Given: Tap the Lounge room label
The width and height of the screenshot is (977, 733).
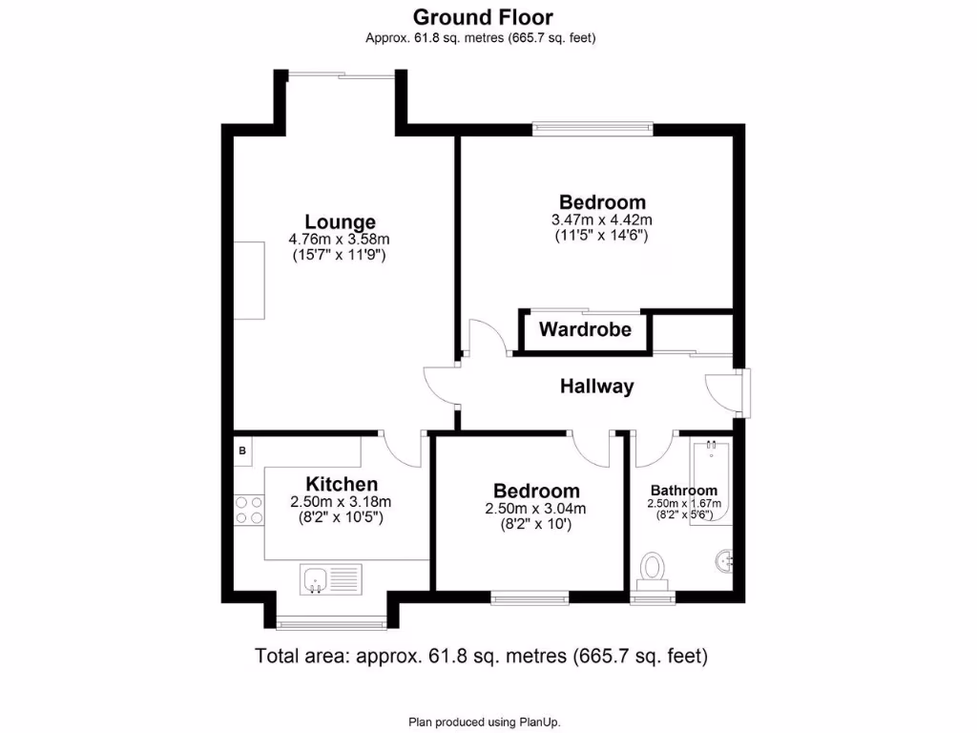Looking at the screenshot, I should tap(340, 222).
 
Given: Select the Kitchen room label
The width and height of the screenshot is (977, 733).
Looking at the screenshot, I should tap(342, 485).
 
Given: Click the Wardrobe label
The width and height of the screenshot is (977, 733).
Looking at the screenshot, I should tap(585, 330).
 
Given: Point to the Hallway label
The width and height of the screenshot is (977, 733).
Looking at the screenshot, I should tap(596, 387).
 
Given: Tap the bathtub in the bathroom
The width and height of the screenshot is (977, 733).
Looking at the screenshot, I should tap(713, 482).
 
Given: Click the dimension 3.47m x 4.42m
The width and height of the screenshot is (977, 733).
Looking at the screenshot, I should tap(601, 220).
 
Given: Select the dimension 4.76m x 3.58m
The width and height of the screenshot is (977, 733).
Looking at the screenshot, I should tap(340, 240).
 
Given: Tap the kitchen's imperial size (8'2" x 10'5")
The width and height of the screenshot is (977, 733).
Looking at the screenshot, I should tap(341, 517).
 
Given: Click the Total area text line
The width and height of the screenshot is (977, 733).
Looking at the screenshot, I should tap(482, 657).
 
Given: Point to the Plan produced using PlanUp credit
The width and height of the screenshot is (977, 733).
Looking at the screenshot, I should tap(491, 722).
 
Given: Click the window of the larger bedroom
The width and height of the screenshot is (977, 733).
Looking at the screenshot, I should tap(592, 125).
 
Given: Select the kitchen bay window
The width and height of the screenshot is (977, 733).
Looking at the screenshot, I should tap(332, 625).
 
